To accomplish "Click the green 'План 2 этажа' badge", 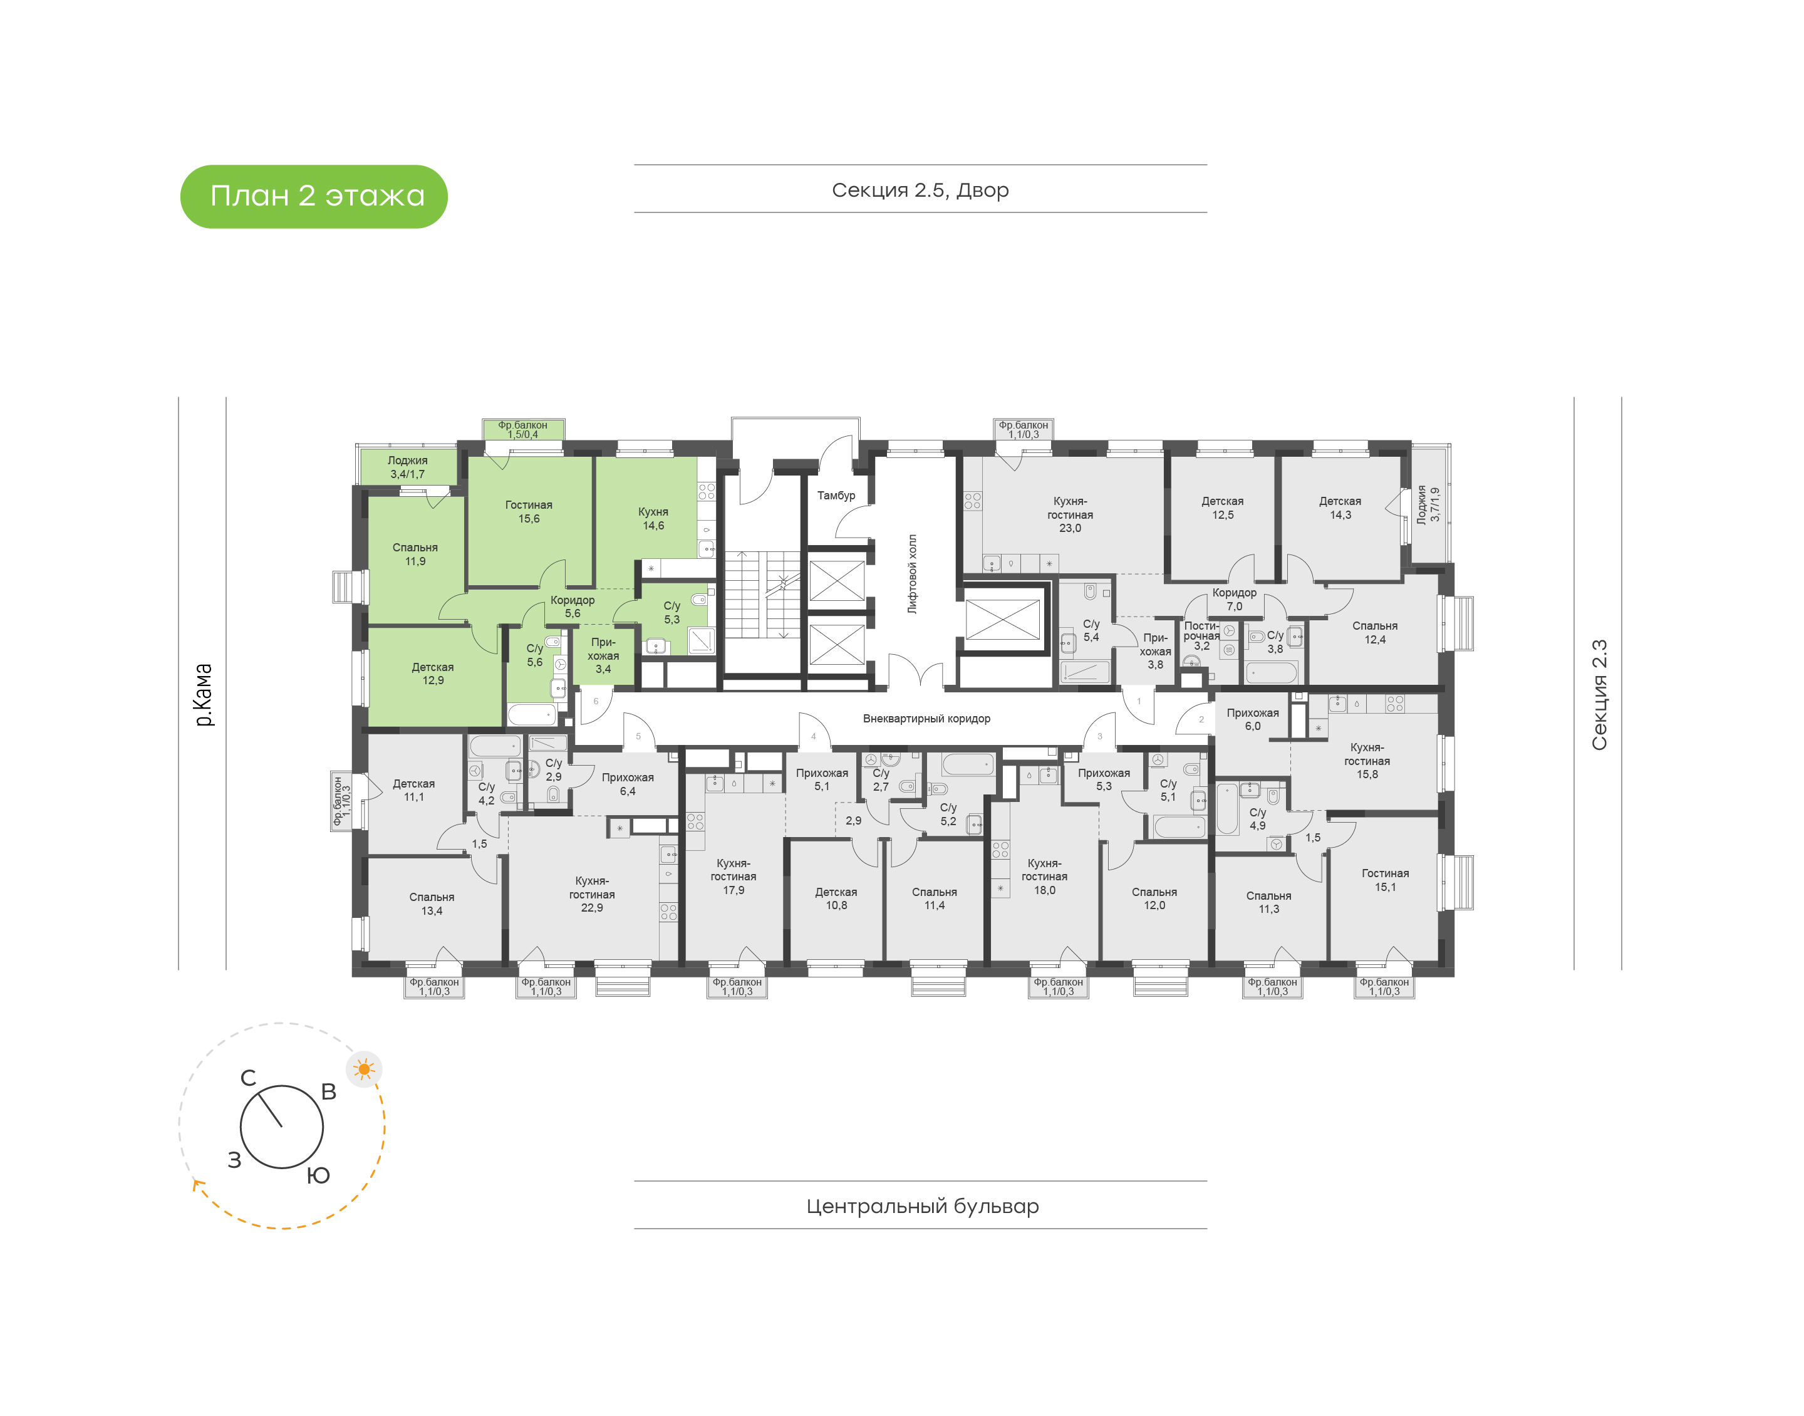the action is point(313,197).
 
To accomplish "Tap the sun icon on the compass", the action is point(364,1070).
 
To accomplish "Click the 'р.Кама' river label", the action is point(203,695).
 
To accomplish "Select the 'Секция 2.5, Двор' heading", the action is point(920,190).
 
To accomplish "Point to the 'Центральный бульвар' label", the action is point(922,1205).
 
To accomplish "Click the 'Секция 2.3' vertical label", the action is point(1599,695).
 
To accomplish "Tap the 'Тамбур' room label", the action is point(836,495).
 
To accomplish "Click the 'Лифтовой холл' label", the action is point(913,574).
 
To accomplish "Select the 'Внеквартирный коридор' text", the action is point(926,719).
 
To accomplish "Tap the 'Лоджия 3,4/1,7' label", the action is point(408,467).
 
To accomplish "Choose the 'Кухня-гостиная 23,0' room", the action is point(1070,514).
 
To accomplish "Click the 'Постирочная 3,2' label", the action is point(1201,636).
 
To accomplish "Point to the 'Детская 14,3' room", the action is point(1340,508).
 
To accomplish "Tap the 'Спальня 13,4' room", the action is point(432,903).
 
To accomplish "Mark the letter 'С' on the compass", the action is point(248,1078).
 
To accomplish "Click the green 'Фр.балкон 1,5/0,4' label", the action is point(523,429).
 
